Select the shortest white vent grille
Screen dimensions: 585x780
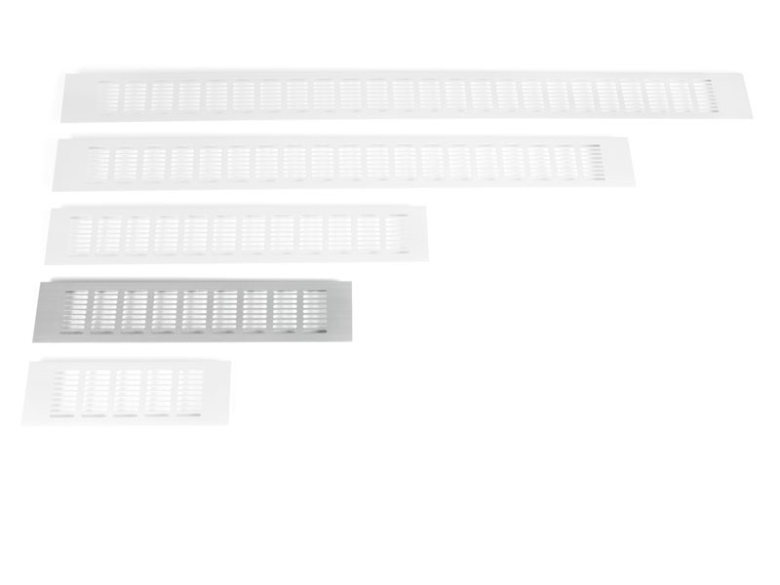[127, 392]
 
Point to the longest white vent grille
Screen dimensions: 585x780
[406, 96]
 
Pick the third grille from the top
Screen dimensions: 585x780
[236, 234]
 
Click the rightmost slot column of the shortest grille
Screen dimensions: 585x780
[190, 392]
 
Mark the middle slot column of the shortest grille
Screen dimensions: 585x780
[128, 392]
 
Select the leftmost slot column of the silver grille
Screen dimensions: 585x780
[76, 310]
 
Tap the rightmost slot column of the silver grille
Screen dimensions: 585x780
[314, 309]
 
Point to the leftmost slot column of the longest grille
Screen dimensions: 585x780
[108, 97]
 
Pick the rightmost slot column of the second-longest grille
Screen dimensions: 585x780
[592, 162]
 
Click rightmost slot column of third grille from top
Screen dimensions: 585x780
[396, 234]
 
